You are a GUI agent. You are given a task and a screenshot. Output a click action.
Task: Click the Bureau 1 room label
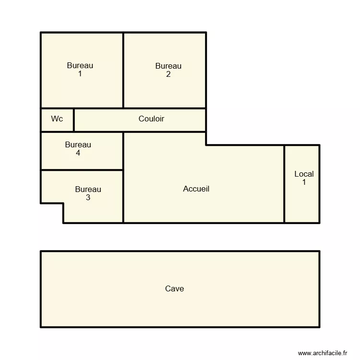[x=80, y=70]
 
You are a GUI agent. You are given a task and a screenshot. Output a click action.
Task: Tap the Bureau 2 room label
[x=168, y=70]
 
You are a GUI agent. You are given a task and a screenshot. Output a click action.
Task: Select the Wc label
[x=57, y=119]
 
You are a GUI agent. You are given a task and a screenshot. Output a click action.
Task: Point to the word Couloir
[x=151, y=119]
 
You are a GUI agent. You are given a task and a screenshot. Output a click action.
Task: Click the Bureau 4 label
[x=78, y=149]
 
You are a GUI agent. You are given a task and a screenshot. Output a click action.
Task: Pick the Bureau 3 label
[x=88, y=193]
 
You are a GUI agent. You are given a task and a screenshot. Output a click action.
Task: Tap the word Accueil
[x=196, y=189]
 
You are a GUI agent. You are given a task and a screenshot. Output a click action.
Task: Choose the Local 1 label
[x=304, y=178]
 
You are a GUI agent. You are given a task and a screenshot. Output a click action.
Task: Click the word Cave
[x=174, y=288]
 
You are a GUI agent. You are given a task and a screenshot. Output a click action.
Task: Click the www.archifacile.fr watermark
[x=322, y=353]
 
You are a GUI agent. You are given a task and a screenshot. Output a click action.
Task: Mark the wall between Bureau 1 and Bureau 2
[x=123, y=70]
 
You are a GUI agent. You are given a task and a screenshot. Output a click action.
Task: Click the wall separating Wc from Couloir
[x=74, y=120]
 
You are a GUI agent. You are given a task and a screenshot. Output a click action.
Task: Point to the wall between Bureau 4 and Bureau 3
[x=82, y=170]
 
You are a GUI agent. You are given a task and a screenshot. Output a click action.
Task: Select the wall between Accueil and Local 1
[x=284, y=184]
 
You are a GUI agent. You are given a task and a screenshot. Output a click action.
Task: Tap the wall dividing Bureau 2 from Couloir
[x=165, y=108]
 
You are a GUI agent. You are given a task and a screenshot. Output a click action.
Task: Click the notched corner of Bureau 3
[x=63, y=204]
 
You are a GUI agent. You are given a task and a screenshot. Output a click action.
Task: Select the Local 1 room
[x=302, y=202]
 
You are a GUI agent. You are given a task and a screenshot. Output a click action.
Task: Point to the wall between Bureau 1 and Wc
[x=57, y=108]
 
